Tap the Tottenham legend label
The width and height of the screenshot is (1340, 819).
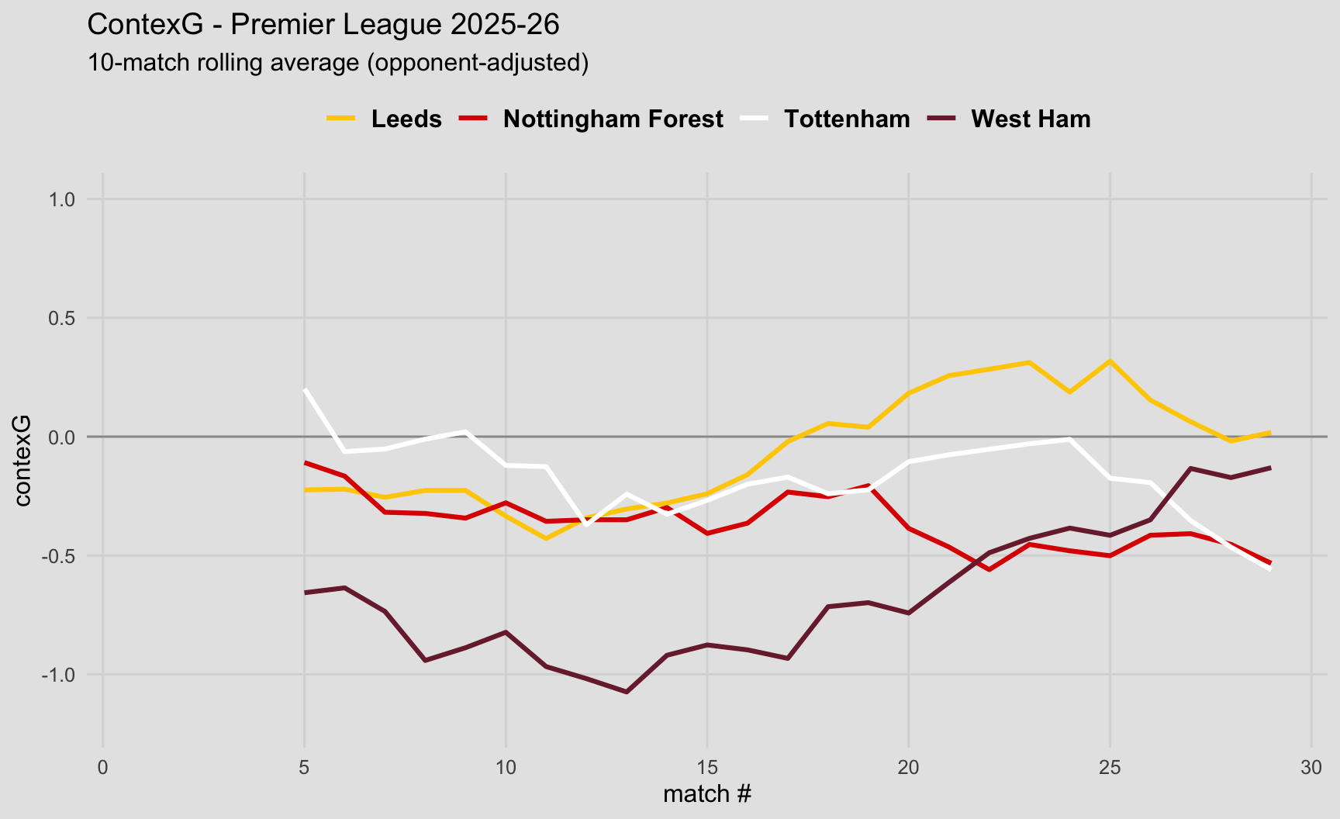coord(846,119)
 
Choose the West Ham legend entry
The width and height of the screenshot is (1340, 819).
coord(1030,119)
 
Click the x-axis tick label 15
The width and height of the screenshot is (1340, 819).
coord(707,767)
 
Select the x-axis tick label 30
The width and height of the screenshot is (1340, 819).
coord(1311,767)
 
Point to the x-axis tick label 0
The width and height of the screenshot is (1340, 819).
coord(103,767)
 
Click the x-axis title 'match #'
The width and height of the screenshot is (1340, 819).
coord(707,794)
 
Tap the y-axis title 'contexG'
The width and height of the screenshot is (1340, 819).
coord(22,460)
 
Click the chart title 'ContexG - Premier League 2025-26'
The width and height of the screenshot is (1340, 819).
coord(323,25)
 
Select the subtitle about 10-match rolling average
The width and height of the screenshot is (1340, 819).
coord(338,62)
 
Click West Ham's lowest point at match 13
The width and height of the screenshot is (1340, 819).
coord(627,692)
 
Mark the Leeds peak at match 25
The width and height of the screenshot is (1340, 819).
coord(1110,361)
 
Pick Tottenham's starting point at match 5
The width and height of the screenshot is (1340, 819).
coord(305,389)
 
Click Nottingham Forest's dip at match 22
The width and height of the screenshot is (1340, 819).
coord(989,570)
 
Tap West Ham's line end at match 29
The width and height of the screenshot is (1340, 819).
coord(1270,468)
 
